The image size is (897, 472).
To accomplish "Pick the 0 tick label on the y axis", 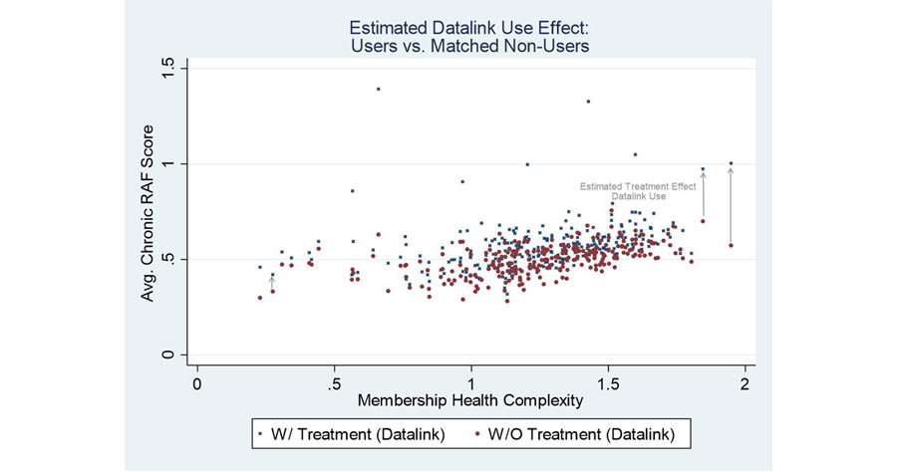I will point(170,355).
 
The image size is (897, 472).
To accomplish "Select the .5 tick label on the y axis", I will point(170,260).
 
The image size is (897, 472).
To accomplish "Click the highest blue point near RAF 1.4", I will point(379,89).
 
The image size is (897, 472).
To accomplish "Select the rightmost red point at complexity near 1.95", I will point(731,245).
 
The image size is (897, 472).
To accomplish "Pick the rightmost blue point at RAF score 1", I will point(731,163).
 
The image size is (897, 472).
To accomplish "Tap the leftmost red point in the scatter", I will point(260,298).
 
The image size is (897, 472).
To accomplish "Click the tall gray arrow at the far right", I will point(731,204).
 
